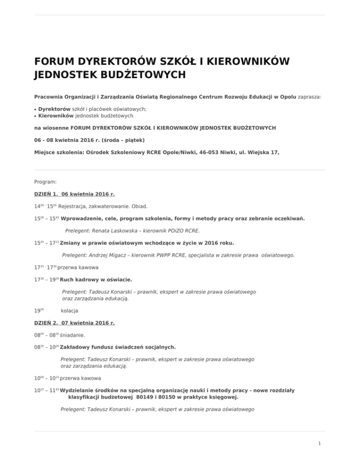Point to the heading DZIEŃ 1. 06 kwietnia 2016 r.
75,194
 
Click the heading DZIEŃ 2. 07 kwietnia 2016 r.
75,323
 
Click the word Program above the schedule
45,181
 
